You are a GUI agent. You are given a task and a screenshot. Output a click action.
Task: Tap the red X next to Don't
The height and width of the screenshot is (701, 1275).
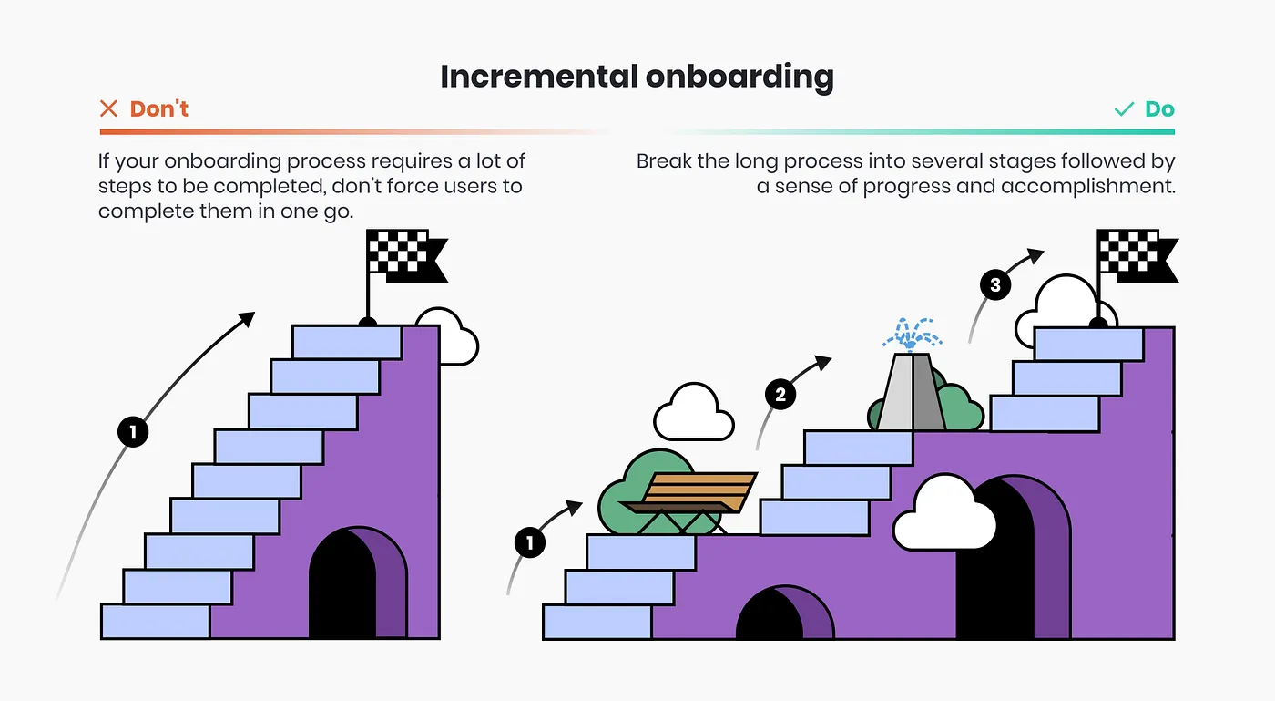coord(108,109)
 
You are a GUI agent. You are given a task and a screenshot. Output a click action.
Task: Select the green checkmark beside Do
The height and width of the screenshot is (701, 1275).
coord(1124,109)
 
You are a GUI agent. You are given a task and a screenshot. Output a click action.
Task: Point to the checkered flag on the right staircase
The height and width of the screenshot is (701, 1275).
coord(1134,255)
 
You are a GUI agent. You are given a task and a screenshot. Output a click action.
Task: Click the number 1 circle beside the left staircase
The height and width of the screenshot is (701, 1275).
coord(133,432)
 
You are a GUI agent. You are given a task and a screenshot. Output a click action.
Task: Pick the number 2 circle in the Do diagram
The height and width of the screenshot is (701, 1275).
coord(780,395)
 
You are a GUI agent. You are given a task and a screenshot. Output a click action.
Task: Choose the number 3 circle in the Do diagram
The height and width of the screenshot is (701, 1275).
coord(995,285)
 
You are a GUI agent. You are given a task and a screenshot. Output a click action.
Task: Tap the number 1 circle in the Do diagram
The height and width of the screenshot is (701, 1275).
coord(529,544)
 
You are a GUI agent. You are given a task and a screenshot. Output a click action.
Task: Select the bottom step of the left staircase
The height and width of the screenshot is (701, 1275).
coord(156,621)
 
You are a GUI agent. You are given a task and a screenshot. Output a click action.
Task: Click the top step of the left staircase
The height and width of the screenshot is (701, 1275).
coord(347,342)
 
